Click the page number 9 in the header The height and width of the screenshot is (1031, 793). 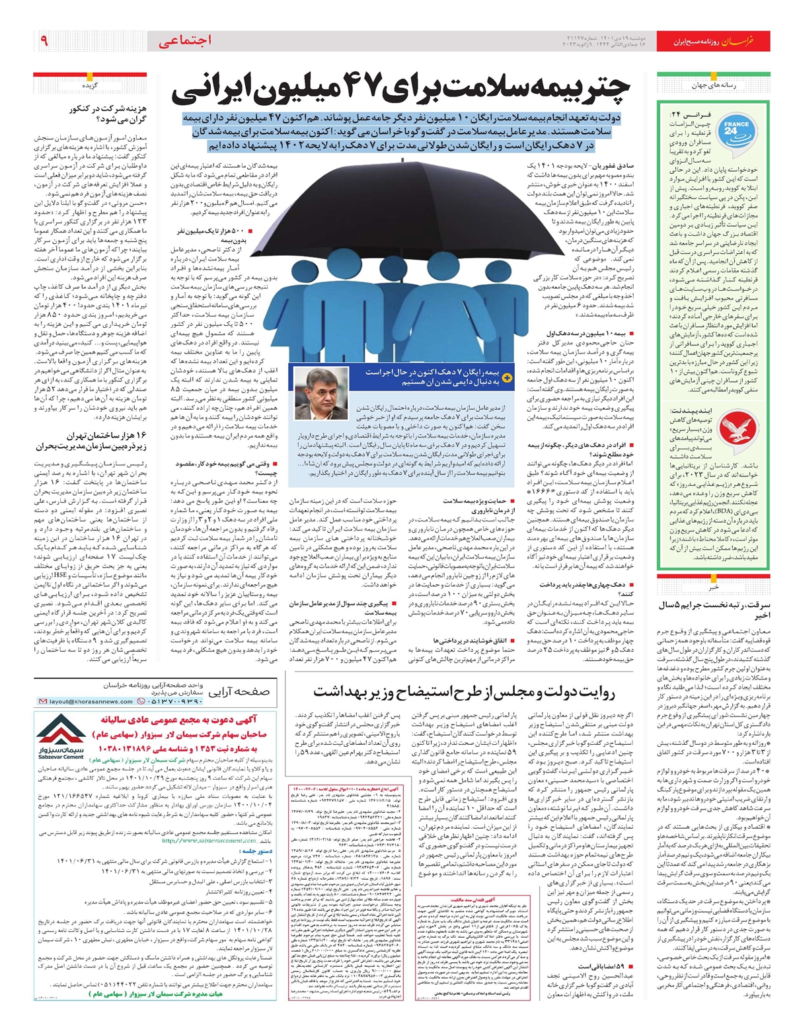tap(44, 42)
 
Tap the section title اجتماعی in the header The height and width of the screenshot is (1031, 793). tap(186, 41)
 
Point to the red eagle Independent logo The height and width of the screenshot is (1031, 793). tap(680, 427)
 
